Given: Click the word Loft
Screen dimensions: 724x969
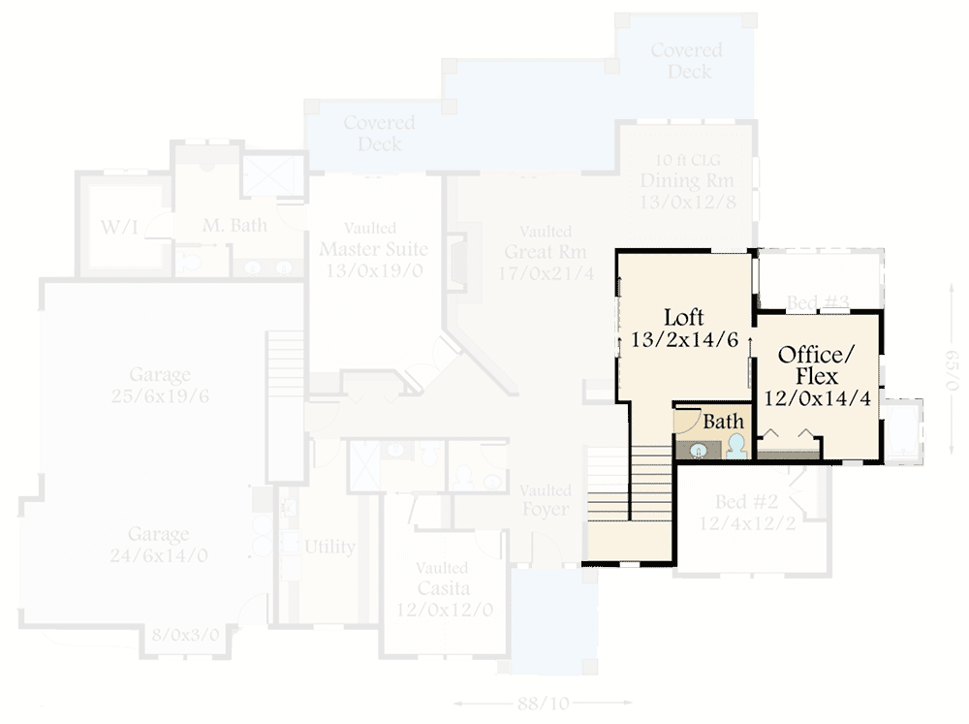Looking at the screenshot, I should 683,317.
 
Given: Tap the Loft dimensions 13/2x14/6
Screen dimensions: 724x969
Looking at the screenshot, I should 683,340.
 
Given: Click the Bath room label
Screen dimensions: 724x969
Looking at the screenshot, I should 723,422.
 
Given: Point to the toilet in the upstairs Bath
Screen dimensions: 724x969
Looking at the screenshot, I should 736,446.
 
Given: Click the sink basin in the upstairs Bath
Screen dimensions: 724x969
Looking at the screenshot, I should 697,449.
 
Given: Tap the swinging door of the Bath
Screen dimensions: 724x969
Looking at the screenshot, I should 686,422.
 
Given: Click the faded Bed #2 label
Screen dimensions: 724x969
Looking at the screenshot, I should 747,502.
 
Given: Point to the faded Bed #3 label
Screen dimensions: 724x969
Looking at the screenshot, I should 817,303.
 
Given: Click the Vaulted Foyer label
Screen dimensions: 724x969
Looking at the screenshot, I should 545,500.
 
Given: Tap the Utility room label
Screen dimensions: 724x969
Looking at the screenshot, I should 329,547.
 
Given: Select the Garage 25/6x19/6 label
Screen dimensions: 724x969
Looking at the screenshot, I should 161,385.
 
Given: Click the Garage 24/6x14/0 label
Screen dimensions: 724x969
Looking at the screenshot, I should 160,545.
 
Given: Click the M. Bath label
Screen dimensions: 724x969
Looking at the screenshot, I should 234,225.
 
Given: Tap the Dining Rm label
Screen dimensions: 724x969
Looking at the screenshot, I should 686,180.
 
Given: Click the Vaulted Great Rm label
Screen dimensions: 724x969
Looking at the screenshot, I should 545,252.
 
